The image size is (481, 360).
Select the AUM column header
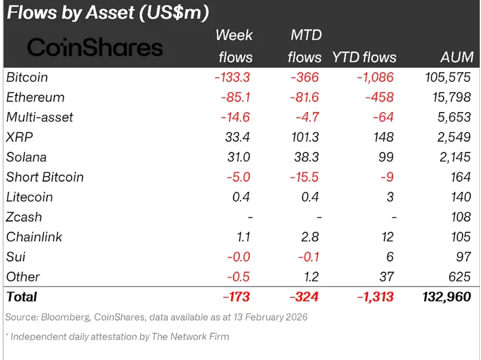457,57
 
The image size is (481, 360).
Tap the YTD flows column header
364,57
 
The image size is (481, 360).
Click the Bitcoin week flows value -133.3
233,77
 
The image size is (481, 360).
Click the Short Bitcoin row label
45,177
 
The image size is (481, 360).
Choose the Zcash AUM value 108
460,217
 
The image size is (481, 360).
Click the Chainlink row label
34,237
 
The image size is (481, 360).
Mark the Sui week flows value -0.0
239,257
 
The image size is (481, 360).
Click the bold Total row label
21,297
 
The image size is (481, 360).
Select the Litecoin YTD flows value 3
390,197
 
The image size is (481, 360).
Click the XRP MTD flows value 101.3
303,137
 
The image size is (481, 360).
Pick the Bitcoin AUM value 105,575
447,77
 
